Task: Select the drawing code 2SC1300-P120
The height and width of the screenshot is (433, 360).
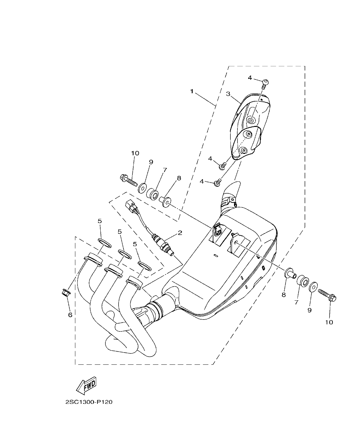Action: coord(89,402)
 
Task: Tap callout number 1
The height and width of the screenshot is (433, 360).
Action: coord(192,91)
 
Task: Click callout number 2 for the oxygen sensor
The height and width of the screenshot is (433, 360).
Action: coord(180,233)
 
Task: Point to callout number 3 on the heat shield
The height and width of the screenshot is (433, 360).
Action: coord(228,94)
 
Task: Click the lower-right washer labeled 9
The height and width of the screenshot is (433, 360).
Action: coord(313,286)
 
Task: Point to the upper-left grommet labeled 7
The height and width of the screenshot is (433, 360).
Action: coord(153,194)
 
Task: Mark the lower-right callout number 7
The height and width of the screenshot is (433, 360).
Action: coord(297,302)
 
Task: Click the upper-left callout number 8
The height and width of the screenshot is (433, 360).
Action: coord(179,178)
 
